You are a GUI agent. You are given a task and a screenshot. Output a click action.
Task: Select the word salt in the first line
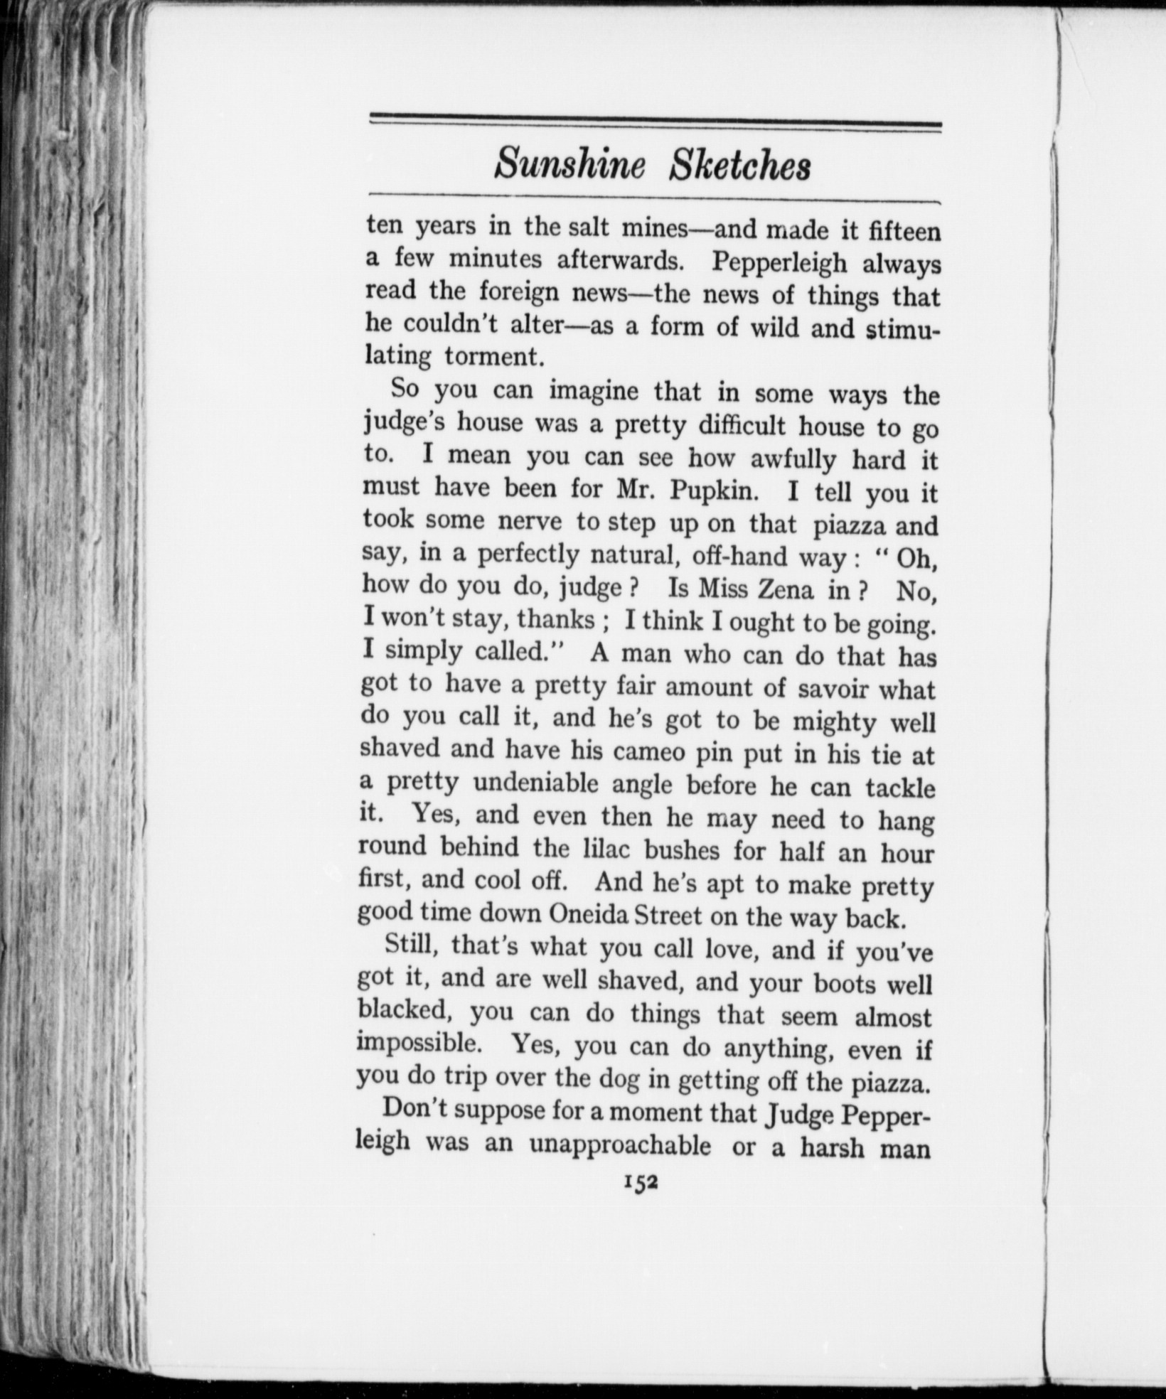coord(589,227)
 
